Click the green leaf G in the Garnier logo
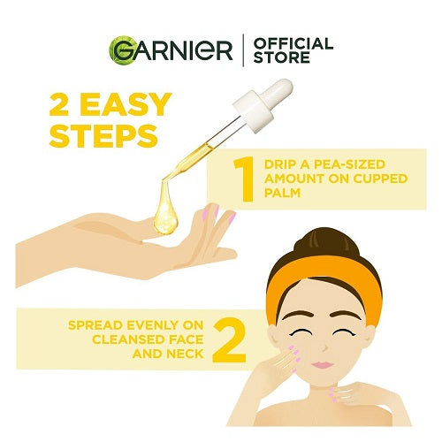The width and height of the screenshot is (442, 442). coord(121,50)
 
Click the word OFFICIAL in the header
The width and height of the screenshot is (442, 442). coord(293,43)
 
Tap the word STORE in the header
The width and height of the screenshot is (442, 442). coord(282,57)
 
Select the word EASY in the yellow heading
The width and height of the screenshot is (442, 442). coord(126,104)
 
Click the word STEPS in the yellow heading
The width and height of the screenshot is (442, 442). coord(103,136)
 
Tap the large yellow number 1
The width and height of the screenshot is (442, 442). coord(244,179)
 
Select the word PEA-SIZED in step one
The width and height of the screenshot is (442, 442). coord(349,164)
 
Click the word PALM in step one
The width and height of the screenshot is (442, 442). coord(282,193)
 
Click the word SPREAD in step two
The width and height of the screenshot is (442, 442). coord(95,325)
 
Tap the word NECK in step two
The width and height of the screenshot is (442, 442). coord(185,354)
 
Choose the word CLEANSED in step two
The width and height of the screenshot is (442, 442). coord(129,339)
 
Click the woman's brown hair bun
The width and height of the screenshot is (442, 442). coord(327,245)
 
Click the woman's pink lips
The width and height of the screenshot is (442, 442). coord(323,365)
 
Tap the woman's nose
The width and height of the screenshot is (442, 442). coord(324,347)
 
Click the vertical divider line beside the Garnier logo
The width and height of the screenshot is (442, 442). coord(243,50)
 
